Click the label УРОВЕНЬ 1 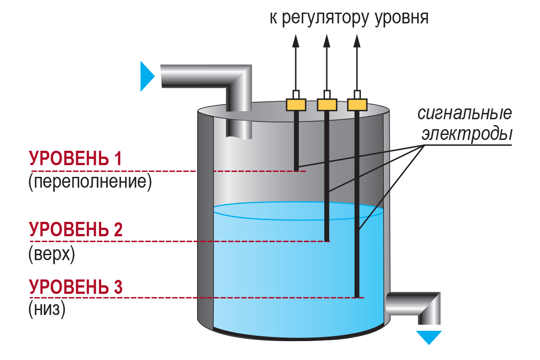click(76, 159)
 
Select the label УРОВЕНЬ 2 click(76, 229)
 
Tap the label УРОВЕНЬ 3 click(76, 287)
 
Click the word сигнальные click(464, 113)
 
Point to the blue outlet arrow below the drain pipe click(429, 337)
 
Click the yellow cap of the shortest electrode click(296, 105)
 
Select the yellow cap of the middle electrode click(327, 105)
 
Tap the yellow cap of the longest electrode click(357, 105)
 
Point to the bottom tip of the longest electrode click(357, 296)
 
